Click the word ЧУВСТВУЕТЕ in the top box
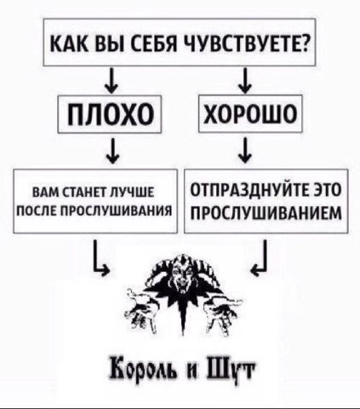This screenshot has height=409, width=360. pos(247,43)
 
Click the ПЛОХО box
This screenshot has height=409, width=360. pos(110,114)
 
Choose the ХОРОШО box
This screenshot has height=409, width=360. pos(250,113)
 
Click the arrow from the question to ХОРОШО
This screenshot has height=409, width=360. pos(244,80)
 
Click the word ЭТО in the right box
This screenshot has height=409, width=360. pos(327,190)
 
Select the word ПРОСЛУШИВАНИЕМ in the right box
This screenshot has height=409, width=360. pos(266,213)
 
